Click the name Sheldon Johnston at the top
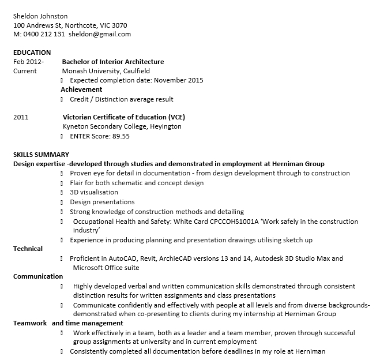(x=40, y=16)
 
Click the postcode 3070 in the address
(x=119, y=25)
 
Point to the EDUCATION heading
(x=32, y=52)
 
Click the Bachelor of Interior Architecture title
(x=113, y=62)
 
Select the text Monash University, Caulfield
(x=103, y=71)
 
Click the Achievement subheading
(x=81, y=89)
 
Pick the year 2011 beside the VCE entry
(x=21, y=117)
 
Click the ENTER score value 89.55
(x=121, y=136)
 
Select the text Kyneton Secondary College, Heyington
(x=122, y=126)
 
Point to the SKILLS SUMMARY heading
(x=41, y=155)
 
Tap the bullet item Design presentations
(x=102, y=202)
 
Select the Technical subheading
(x=28, y=249)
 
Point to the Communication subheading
(x=38, y=276)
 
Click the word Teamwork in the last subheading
(x=30, y=323)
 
